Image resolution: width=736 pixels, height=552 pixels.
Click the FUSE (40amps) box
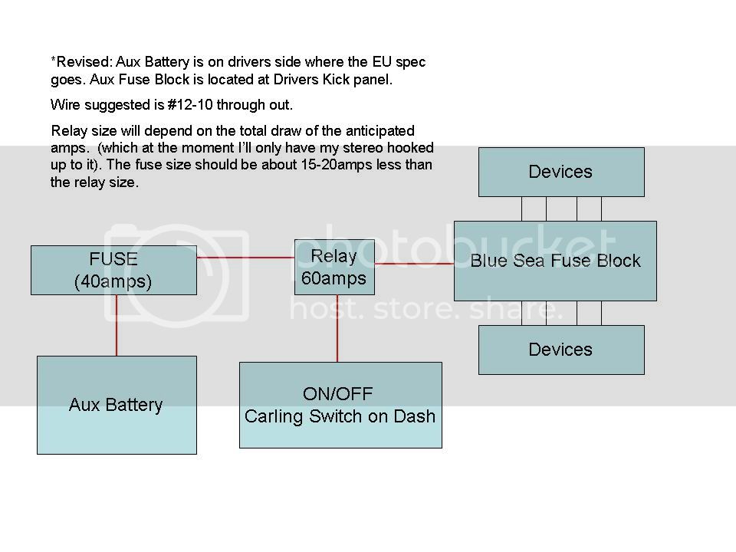pyautogui.click(x=113, y=270)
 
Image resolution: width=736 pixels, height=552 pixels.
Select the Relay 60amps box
pyautogui.click(x=334, y=267)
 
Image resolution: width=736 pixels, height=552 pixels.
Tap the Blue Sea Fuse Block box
pyautogui.click(x=555, y=261)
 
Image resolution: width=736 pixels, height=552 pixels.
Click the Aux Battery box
pyautogui.click(x=117, y=405)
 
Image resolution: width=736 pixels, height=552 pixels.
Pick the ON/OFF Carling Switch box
pyautogui.click(x=340, y=405)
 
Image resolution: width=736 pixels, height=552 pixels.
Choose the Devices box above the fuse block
pyautogui.click(x=561, y=172)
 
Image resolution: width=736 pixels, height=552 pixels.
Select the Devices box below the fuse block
pyautogui.click(x=561, y=350)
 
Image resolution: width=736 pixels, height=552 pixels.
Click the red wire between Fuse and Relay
pyautogui.click(x=245, y=258)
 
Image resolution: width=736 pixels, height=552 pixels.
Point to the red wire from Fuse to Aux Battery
pyautogui.click(x=117, y=325)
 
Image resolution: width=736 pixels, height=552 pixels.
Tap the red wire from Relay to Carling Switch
pyautogui.click(x=337, y=328)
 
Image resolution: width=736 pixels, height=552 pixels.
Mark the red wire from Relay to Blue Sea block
pyautogui.click(x=414, y=264)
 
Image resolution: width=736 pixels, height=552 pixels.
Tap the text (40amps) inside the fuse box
pyautogui.click(x=113, y=281)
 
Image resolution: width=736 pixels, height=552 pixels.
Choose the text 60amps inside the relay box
pyautogui.click(x=334, y=278)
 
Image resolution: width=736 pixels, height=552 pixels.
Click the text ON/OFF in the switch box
pyautogui.click(x=337, y=395)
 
